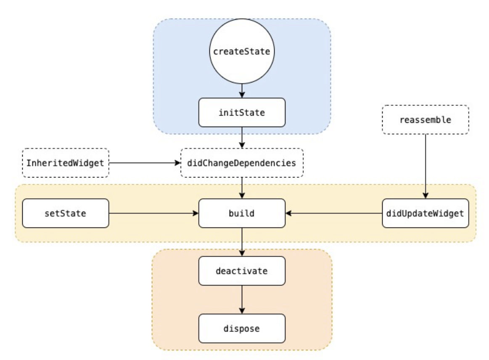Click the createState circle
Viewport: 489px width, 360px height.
click(x=242, y=51)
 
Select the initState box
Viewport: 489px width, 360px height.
click(x=242, y=112)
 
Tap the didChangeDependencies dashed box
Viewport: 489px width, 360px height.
click(x=242, y=163)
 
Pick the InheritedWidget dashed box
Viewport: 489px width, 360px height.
click(x=66, y=163)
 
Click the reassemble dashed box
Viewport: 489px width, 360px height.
click(x=426, y=120)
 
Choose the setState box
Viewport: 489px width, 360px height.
click(x=66, y=213)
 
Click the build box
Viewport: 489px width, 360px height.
click(x=242, y=213)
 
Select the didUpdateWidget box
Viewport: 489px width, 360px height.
click(x=426, y=213)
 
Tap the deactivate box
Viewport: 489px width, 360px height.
click(x=242, y=271)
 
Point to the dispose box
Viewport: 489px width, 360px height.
click(x=242, y=328)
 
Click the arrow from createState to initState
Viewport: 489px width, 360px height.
click(x=242, y=91)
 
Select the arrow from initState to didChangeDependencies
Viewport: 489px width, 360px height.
click(x=242, y=138)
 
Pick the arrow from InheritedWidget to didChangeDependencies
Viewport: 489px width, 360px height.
click(x=145, y=163)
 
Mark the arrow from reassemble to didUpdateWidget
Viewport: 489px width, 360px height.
click(x=426, y=167)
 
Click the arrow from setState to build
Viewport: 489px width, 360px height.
click(x=154, y=213)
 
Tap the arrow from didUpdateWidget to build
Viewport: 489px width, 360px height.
click(x=334, y=213)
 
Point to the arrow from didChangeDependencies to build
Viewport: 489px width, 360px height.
click(x=242, y=188)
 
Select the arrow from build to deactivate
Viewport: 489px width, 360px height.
click(x=242, y=242)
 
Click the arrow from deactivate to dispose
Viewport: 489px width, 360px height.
click(x=242, y=299)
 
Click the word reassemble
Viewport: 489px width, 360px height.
click(x=426, y=120)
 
